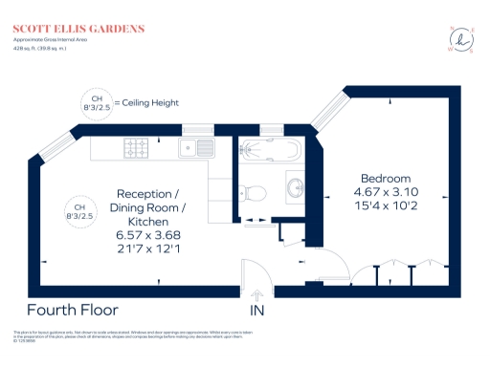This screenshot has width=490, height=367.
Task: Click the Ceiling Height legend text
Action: [146, 102]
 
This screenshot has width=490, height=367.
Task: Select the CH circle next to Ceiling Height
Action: [96, 102]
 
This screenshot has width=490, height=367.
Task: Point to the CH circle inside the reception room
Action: [80, 211]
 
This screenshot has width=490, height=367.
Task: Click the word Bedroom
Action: [385, 179]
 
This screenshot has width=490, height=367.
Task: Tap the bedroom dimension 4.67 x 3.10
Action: [385, 192]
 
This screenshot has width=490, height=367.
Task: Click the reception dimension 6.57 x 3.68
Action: [148, 235]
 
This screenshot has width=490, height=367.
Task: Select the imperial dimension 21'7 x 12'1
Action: [148, 249]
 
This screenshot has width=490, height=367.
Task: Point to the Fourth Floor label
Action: [73, 310]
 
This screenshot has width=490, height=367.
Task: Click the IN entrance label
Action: [256, 312]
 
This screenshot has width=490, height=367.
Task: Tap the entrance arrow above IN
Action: [256, 293]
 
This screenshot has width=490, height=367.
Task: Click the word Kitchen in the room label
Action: [148, 221]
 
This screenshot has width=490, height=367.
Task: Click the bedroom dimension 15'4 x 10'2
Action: [385, 206]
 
